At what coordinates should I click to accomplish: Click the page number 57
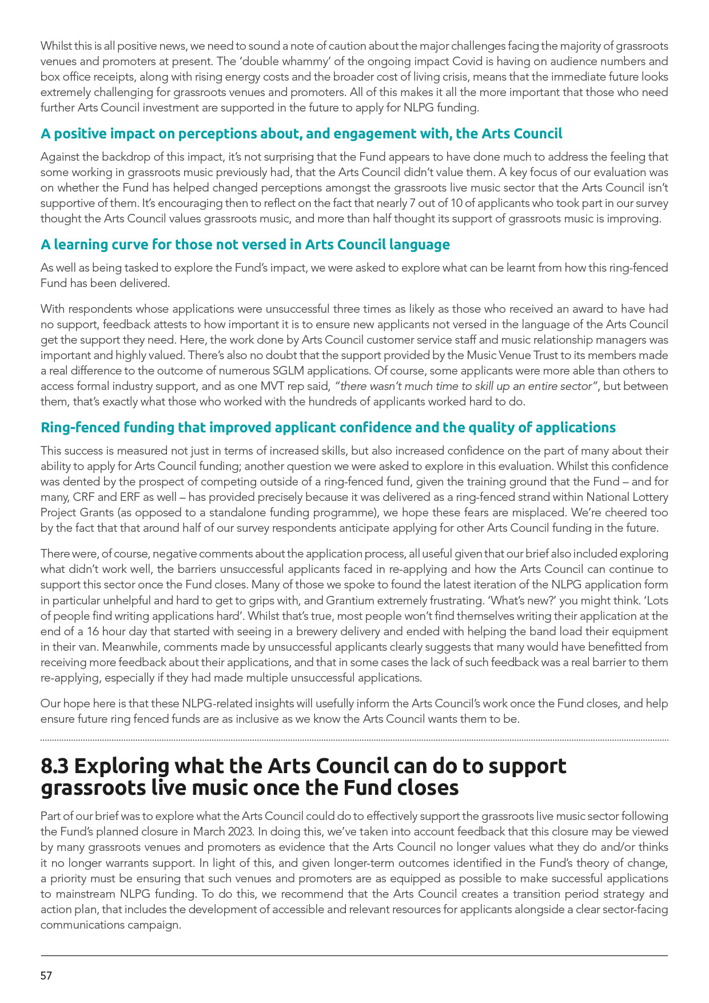click(46, 976)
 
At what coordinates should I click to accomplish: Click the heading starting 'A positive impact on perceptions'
click(301, 134)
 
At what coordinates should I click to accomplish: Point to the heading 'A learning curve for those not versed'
click(245, 245)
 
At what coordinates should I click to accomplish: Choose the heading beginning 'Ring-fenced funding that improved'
click(328, 428)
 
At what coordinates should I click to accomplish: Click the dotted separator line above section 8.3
click(354, 740)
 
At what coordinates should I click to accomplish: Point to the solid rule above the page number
click(354, 955)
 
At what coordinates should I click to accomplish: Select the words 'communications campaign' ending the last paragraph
click(110, 924)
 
